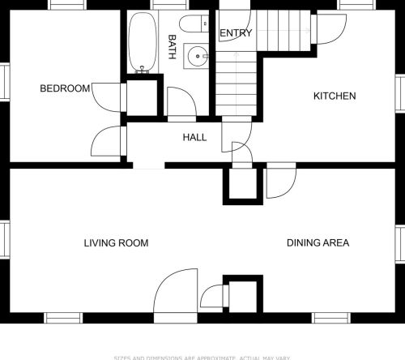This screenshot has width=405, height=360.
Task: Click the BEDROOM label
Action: [x=65, y=88]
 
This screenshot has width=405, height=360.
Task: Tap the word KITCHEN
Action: [x=335, y=96]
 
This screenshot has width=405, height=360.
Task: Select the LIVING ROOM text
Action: [x=116, y=242]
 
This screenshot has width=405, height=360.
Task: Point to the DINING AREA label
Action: [x=318, y=242]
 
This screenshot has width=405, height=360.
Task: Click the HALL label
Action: [x=194, y=138]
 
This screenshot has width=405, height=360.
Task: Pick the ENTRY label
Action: [x=236, y=33]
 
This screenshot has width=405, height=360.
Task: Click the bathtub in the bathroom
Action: [x=143, y=43]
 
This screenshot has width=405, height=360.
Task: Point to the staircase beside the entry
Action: [x=237, y=73]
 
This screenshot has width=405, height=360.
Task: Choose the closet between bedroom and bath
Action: [x=143, y=98]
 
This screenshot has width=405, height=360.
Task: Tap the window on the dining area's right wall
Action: [x=399, y=243]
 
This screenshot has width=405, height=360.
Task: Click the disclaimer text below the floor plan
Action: [x=202, y=357]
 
